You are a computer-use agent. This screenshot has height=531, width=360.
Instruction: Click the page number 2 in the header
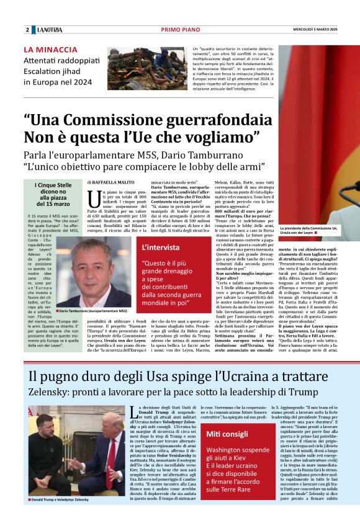tap(27, 30)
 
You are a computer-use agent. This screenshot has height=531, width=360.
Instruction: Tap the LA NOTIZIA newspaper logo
tap(50, 30)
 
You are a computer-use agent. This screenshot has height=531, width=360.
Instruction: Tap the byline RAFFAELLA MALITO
tap(114, 182)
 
